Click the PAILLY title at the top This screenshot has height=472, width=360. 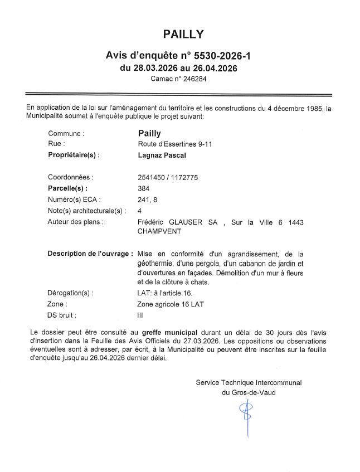click(183, 35)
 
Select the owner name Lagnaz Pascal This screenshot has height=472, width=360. click(162, 155)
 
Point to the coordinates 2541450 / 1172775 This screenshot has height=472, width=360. click(168, 177)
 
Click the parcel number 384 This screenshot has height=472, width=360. click(143, 188)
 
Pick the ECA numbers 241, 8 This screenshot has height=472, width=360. click(148, 199)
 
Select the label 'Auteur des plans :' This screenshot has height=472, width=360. click(76, 222)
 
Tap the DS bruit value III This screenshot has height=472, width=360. click(140, 315)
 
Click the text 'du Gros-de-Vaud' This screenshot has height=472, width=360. click(248, 392)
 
